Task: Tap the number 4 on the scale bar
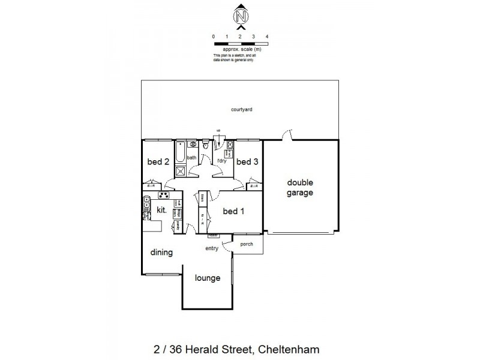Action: (x=266, y=37)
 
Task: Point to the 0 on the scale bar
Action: (x=214, y=37)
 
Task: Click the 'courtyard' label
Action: (x=240, y=109)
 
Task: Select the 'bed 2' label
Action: (x=157, y=161)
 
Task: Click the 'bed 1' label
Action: (x=233, y=211)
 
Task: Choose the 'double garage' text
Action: (x=301, y=188)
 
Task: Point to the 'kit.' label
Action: (x=161, y=210)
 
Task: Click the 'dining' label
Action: (x=161, y=253)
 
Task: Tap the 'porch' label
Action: (x=247, y=244)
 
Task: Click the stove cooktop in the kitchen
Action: (x=163, y=195)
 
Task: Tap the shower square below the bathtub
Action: (x=179, y=170)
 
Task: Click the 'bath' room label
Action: (x=191, y=158)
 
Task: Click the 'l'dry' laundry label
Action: (x=221, y=160)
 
